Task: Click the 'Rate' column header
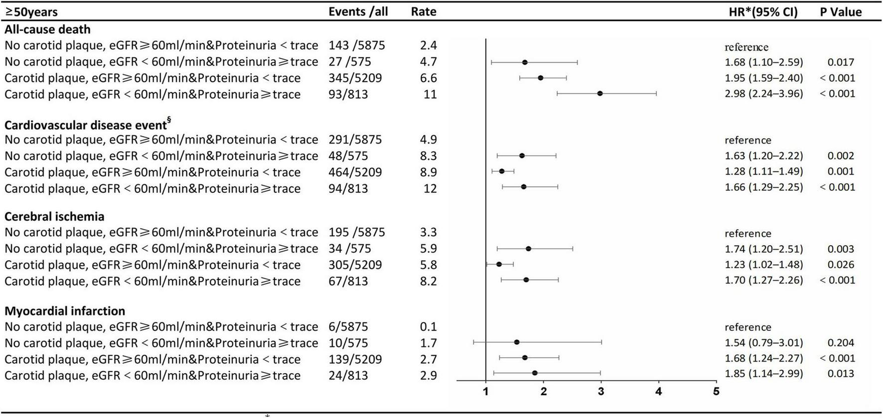pyautogui.click(x=424, y=11)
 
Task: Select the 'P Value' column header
pyautogui.click(x=841, y=11)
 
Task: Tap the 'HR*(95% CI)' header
pyautogui.click(x=762, y=11)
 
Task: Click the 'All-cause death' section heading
pyautogui.click(x=47, y=29)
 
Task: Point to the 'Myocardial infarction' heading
pyautogui.click(x=65, y=311)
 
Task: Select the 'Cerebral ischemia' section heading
pyautogui.click(x=54, y=217)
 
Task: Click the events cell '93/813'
pyautogui.click(x=348, y=94)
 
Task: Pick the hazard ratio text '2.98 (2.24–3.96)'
pyautogui.click(x=763, y=94)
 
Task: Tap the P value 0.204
pyautogui.click(x=841, y=343)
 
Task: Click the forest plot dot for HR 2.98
pyautogui.click(x=600, y=93)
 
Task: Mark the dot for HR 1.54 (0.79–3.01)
pyautogui.click(x=517, y=342)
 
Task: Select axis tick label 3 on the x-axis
pyautogui.click(x=601, y=392)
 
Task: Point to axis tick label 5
pyautogui.click(x=716, y=392)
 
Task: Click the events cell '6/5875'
pyautogui.click(x=348, y=327)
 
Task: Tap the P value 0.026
pyautogui.click(x=841, y=265)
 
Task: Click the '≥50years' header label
pyautogui.click(x=31, y=11)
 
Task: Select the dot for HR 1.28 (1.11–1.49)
pyautogui.click(x=502, y=171)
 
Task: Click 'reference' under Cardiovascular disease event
pyautogui.click(x=747, y=140)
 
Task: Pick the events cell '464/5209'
pyautogui.click(x=355, y=172)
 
